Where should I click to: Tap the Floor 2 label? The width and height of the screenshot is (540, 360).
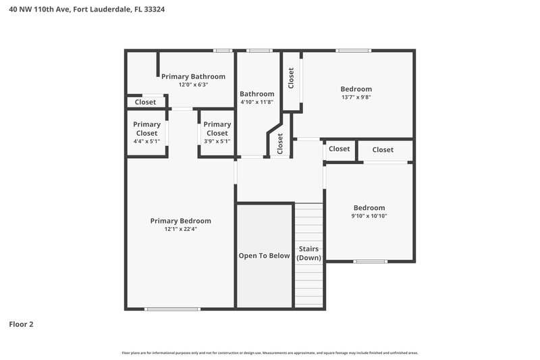click(21, 324)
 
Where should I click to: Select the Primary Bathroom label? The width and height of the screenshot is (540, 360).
click(193, 76)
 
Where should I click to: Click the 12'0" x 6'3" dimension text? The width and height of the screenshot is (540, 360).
click(193, 85)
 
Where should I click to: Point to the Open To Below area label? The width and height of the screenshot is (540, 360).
click(264, 256)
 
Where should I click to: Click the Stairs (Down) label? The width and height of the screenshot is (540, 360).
click(308, 253)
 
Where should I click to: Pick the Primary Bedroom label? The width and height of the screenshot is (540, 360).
click(180, 221)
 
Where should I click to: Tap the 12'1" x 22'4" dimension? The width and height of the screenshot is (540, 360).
click(180, 229)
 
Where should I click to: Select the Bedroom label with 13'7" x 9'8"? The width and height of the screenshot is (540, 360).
click(356, 89)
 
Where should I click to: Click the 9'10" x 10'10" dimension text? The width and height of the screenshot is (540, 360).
click(369, 216)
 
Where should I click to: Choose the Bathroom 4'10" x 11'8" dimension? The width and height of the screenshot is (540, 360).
click(257, 102)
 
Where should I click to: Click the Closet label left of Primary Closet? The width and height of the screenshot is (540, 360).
click(145, 102)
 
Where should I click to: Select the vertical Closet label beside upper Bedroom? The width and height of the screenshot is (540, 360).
click(291, 78)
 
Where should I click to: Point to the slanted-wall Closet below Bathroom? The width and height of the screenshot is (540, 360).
click(280, 143)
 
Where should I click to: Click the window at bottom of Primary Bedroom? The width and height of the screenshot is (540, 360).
click(163, 309)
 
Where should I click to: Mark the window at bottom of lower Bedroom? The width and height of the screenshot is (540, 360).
click(371, 261)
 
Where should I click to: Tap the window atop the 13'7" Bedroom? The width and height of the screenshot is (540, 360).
click(353, 50)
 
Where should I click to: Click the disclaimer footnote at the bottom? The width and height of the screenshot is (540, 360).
click(269, 353)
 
